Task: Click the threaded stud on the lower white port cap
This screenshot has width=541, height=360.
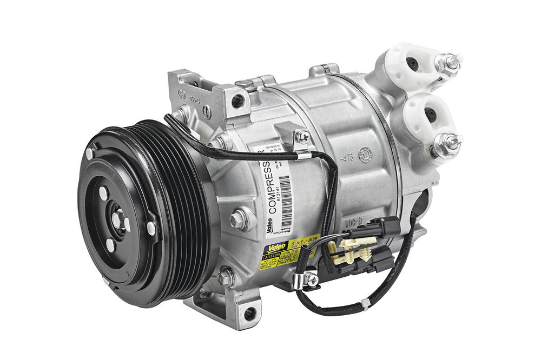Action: (x=448, y=144)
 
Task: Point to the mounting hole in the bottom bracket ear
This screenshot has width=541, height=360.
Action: (x=249, y=312)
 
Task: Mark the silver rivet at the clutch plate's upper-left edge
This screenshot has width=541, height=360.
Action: (x=89, y=153)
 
